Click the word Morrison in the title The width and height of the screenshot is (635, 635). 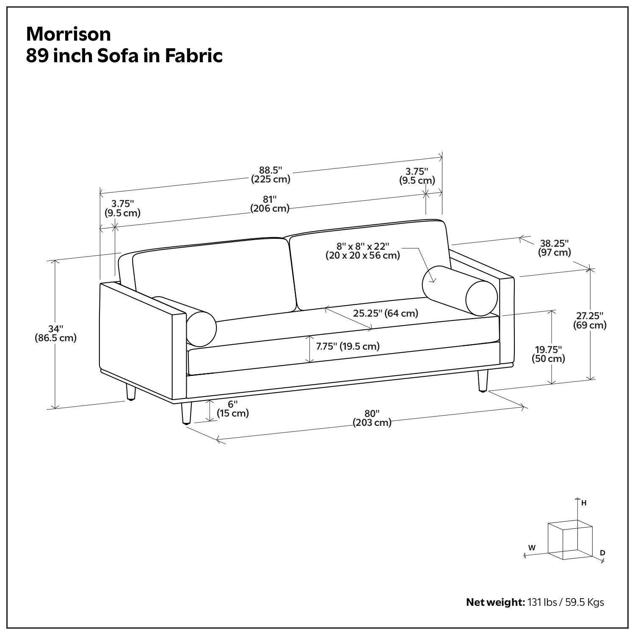[x=69, y=34]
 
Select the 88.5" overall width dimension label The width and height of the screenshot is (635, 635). [x=271, y=174]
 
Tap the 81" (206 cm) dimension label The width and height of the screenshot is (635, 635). [x=270, y=204]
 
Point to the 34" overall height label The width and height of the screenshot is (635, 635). [x=55, y=333]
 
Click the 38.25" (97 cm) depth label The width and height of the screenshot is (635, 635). [x=554, y=248]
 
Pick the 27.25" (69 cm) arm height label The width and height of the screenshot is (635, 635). [x=590, y=320]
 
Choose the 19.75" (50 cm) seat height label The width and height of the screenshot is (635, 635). [x=548, y=354]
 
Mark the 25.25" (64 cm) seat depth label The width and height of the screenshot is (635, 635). [x=386, y=313]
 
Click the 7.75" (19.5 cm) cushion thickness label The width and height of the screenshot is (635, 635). [x=348, y=346]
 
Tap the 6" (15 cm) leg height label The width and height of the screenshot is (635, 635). [x=232, y=409]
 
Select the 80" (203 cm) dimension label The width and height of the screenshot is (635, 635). [x=372, y=418]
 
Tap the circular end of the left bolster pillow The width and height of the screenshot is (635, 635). [x=202, y=328]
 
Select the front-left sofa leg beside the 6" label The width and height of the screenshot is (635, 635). [x=185, y=413]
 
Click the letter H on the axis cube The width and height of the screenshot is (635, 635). [x=584, y=503]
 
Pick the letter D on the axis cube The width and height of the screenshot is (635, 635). [x=602, y=553]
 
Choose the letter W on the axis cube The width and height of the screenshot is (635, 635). [x=532, y=547]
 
